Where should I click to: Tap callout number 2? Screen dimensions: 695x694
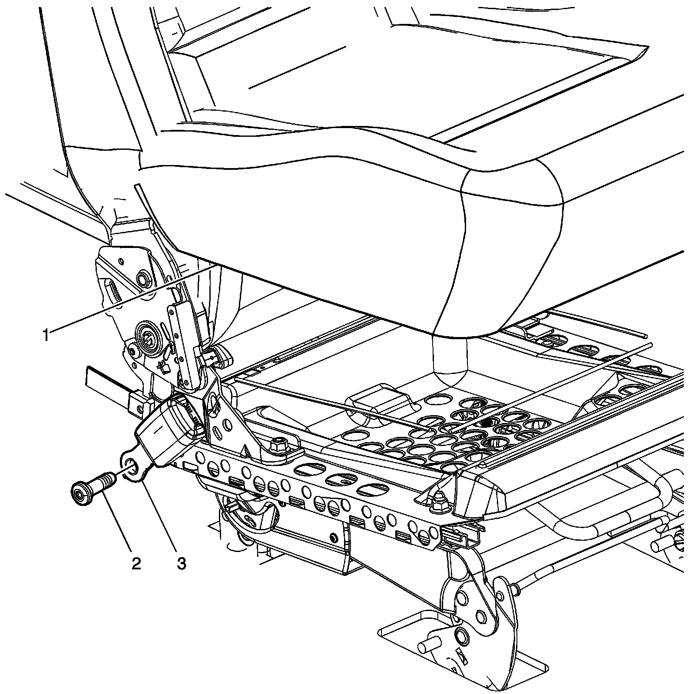(136, 563)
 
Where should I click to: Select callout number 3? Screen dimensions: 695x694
(181, 563)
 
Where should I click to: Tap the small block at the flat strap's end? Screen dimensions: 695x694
(139, 401)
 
